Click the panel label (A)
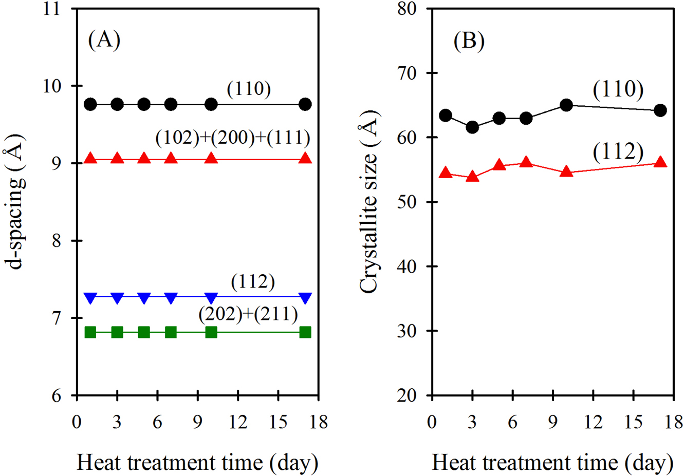click(x=104, y=40)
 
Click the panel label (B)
click(x=469, y=41)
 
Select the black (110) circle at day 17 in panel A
click(x=305, y=104)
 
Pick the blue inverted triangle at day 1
click(x=90, y=297)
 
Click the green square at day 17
click(x=305, y=332)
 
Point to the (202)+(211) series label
click(x=248, y=314)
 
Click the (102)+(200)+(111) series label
click(x=233, y=137)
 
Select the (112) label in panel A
click(x=253, y=281)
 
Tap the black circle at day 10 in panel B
click(x=566, y=105)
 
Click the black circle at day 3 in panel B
click(x=472, y=127)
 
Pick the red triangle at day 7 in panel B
click(x=526, y=163)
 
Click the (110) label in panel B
click(x=618, y=89)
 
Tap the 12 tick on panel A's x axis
click(x=238, y=423)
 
